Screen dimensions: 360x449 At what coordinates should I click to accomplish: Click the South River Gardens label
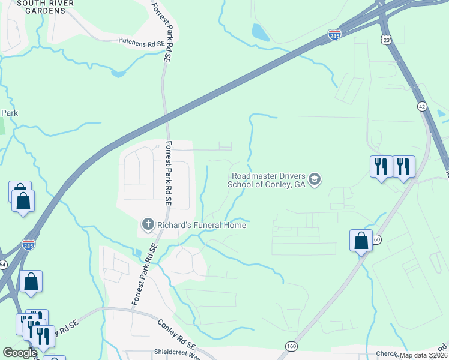(46, 7)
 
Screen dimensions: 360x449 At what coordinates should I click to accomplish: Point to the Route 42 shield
(423, 106)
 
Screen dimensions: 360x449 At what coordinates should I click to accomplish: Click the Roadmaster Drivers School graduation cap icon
(315, 179)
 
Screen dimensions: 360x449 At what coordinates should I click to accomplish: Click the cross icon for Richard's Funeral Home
(148, 224)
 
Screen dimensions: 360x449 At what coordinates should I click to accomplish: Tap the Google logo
(20, 353)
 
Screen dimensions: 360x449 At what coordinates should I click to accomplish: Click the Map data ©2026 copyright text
(423, 355)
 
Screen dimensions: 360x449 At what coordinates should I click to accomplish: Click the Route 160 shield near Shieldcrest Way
(291, 346)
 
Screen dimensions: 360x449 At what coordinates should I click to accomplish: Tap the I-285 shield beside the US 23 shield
(334, 35)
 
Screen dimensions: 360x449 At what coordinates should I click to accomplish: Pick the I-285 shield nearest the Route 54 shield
(28, 245)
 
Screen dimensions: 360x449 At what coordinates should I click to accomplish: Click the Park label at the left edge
(10, 113)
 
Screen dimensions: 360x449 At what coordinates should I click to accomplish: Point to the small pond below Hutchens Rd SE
(118, 74)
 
